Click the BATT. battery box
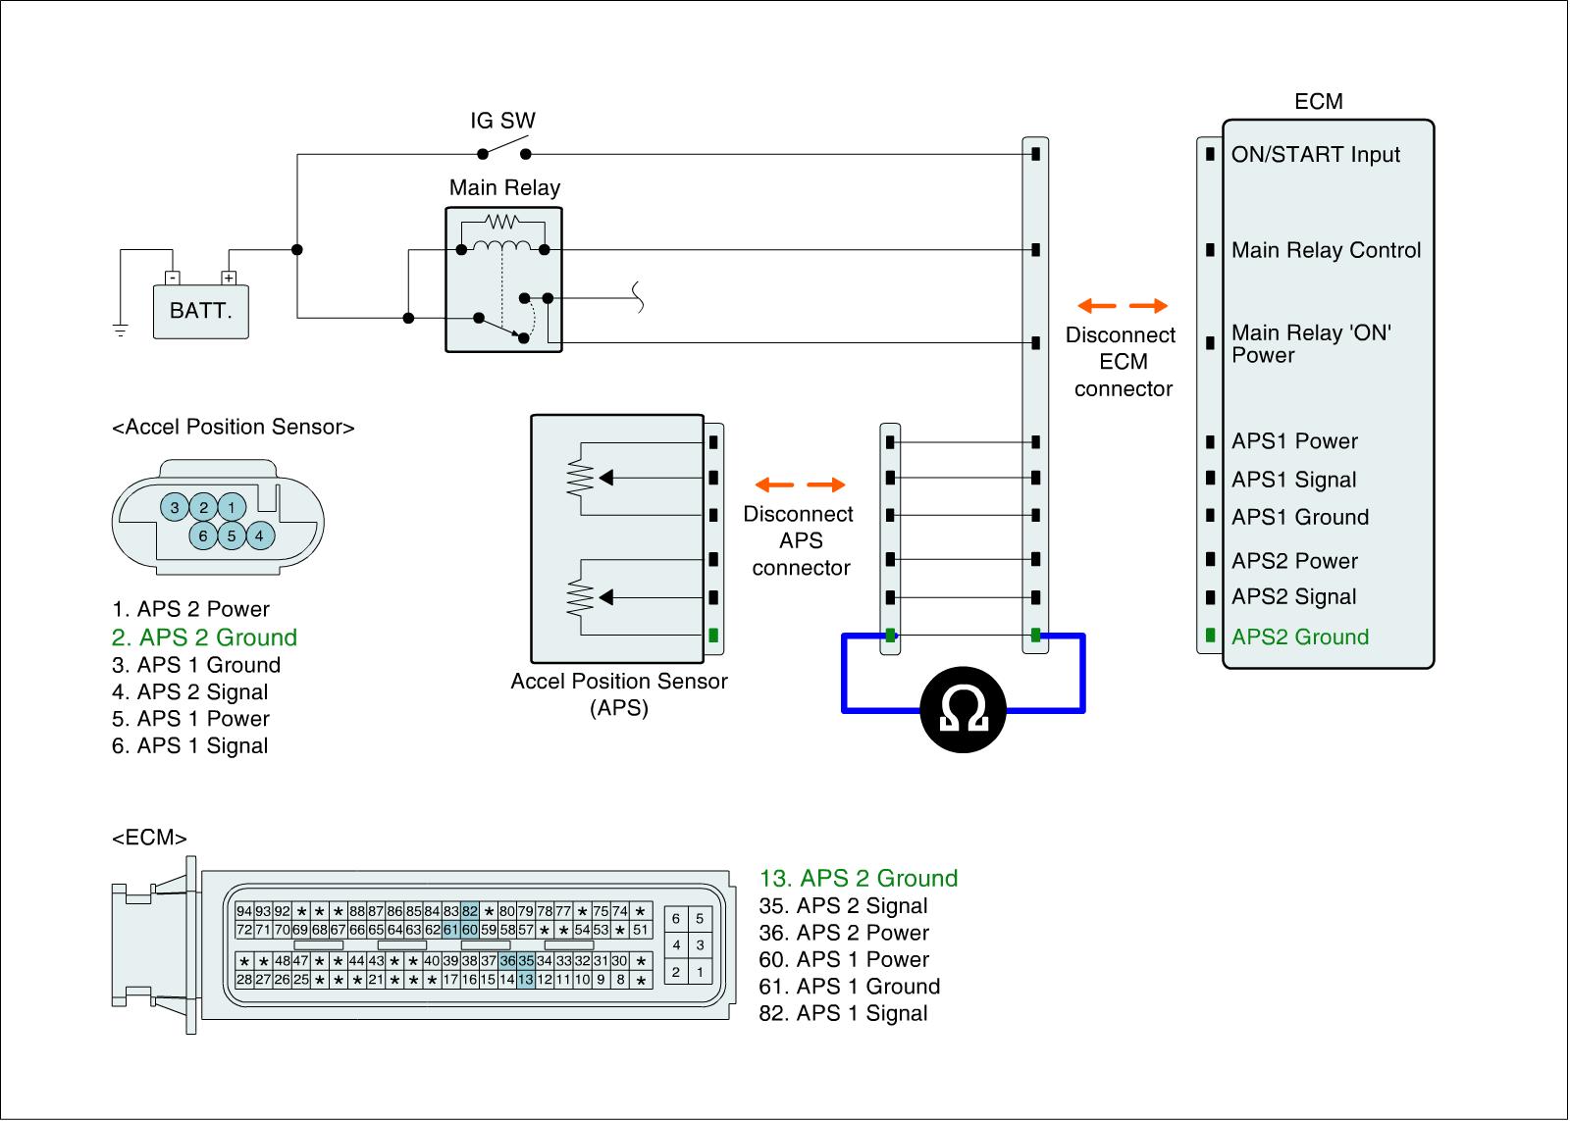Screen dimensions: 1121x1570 pos(201,311)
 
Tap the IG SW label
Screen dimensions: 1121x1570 pos(502,122)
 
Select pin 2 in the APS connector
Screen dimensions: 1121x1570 pos(203,507)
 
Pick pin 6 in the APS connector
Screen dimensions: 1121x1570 pos(203,535)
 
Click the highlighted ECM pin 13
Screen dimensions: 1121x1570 pos(526,979)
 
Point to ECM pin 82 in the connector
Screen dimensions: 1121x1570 pos(470,911)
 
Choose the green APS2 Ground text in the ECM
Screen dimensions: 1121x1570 pos(1299,637)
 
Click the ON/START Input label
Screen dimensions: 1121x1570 pos(1315,155)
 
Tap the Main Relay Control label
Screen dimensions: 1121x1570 pos(1326,251)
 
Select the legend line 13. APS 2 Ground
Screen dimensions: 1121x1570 pos(859,879)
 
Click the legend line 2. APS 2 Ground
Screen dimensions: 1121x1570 pos(204,637)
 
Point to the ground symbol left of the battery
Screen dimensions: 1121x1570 pos(121,330)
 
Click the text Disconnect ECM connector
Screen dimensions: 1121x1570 pos(1123,362)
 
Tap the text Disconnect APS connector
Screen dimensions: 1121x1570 pos(799,540)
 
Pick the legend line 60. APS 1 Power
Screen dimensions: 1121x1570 pos(844,960)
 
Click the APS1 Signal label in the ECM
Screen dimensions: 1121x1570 pos(1293,481)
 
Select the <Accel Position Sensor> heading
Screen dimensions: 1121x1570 pos(234,428)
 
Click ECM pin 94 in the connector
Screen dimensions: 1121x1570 pos(244,911)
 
